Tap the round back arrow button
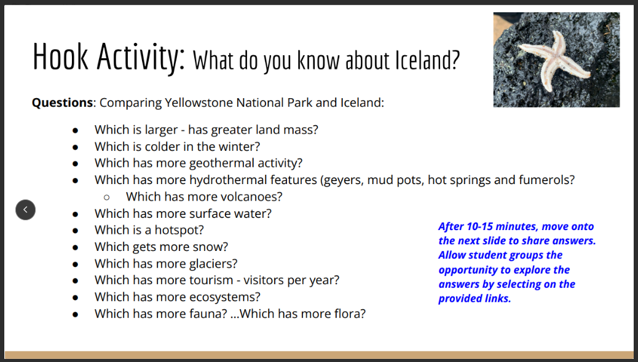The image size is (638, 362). (25, 210)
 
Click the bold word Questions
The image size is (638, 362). (62, 102)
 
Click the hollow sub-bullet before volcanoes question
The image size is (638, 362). (106, 197)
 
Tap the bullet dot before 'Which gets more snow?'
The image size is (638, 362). (75, 247)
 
